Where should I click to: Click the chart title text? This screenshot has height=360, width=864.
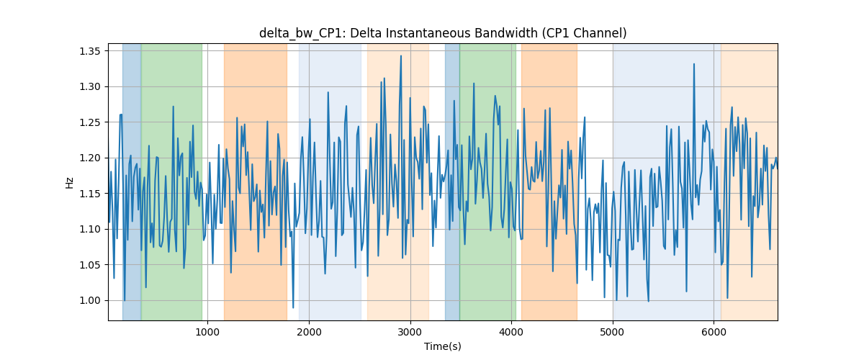coord(443,33)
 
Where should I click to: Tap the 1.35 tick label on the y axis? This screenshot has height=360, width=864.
coord(90,51)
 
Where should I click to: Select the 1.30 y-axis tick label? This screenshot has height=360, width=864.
coord(90,87)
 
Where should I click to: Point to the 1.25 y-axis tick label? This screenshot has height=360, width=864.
coord(90,122)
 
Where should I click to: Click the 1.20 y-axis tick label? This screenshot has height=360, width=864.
coord(90,158)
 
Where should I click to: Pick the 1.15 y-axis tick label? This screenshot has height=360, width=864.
coord(90,194)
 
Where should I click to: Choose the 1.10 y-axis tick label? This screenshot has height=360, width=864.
coord(90,229)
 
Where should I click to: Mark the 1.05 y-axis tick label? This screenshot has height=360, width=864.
coord(90,265)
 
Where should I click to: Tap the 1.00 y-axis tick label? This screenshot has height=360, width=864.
coord(90,300)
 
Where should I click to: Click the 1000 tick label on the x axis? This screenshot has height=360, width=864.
coord(207,333)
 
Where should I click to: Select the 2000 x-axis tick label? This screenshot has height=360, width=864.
coord(309,333)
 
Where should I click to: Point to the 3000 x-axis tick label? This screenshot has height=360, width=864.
coord(410,333)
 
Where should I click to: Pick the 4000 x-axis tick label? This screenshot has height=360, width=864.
coord(511,333)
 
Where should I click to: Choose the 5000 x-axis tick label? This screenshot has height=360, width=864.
coord(613,333)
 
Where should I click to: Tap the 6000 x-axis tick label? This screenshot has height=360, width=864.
coord(714,333)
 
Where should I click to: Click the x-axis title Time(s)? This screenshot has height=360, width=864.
coord(443,346)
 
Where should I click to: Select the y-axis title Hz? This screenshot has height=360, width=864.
coord(69,183)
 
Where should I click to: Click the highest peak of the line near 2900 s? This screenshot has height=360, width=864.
coord(401,55)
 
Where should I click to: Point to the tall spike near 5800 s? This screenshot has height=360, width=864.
coord(694,64)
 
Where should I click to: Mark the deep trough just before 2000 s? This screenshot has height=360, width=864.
coord(293,307)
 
